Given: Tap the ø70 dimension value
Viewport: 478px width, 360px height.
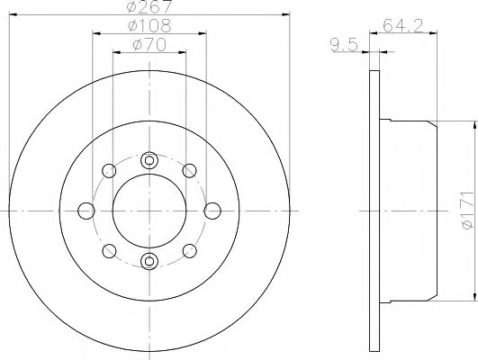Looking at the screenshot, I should click(149, 44).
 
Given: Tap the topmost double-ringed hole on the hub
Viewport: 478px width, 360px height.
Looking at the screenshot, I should click(150, 160).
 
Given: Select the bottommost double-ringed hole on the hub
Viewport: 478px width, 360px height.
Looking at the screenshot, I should click(150, 262).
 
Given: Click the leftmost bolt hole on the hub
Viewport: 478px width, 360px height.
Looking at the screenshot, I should click(87, 211).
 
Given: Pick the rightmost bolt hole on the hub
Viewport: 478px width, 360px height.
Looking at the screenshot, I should click(213, 211).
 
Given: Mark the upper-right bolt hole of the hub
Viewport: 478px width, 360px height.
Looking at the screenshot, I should click(191, 171).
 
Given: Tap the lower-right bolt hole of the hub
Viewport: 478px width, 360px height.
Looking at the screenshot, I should click(191, 251).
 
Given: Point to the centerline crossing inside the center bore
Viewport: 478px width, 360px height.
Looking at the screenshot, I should click(150, 211).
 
